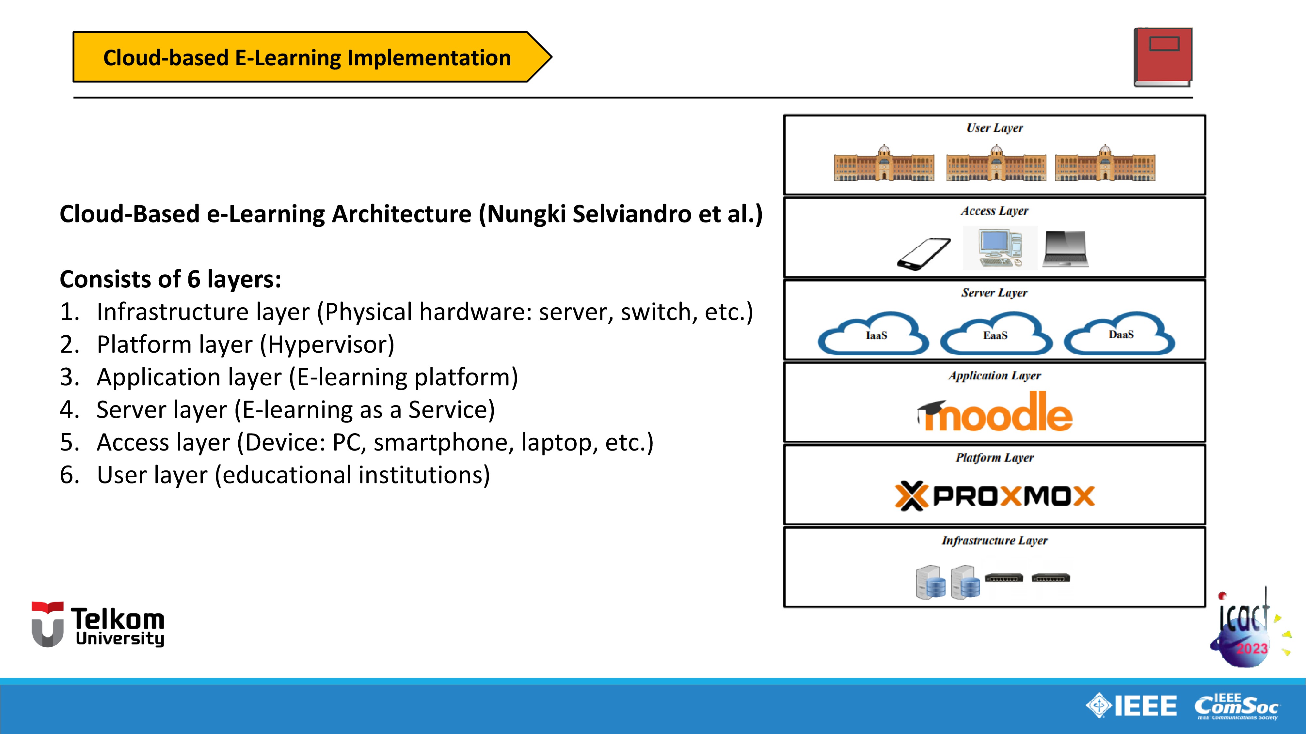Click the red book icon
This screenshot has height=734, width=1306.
point(1163,57)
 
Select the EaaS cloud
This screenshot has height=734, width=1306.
point(996,334)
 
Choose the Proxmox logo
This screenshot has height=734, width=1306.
point(995,496)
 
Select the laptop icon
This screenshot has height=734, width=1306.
point(1066,249)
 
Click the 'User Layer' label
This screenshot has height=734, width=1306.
point(995,128)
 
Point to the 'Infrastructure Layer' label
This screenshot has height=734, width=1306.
point(995,541)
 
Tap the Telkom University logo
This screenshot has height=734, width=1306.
point(98,625)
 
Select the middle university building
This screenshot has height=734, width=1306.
point(996,164)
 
